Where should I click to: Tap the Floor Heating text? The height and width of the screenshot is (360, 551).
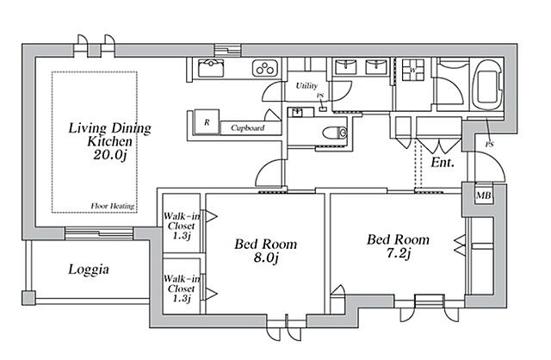point(111,206)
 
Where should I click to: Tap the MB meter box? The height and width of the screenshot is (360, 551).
point(485,196)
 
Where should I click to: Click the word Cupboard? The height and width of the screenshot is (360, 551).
point(247,128)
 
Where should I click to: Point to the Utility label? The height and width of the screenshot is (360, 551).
point(306,86)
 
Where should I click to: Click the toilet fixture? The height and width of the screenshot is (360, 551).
point(334,132)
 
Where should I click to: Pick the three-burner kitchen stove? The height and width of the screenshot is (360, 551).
point(263,67)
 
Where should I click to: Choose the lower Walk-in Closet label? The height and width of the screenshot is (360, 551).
point(183,288)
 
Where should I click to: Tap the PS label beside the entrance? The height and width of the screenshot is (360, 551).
point(489,145)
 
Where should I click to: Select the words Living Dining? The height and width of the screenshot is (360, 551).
point(109,129)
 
